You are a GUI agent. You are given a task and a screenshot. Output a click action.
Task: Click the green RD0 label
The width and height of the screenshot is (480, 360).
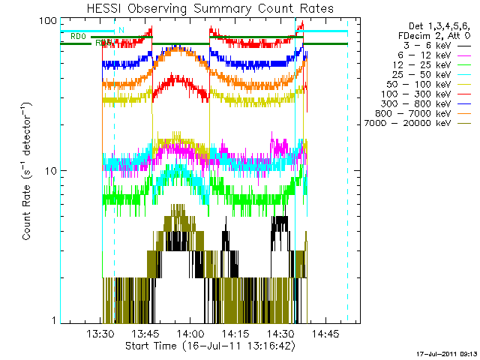[x=78, y=36]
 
